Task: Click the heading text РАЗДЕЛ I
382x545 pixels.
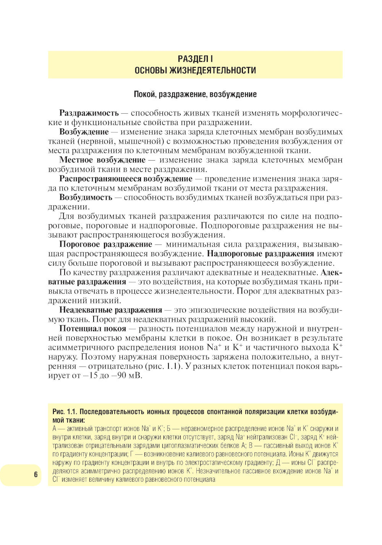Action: coord(195,59)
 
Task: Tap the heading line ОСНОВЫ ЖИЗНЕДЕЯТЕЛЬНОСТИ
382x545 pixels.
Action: coord(195,70)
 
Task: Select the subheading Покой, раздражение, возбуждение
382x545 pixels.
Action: coord(195,94)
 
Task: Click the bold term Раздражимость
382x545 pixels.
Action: coord(89,113)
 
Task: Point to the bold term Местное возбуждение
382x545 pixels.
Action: coord(102,160)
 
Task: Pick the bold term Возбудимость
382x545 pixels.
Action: coord(86,197)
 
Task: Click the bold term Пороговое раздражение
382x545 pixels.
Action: coord(105,244)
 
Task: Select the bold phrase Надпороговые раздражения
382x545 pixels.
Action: coord(261,254)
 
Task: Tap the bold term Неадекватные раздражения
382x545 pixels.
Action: coord(110,310)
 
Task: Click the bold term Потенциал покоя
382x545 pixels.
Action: coord(92,328)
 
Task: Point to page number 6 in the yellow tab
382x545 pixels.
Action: coord(36,474)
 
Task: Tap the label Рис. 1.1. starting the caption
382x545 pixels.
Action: coord(65,412)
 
